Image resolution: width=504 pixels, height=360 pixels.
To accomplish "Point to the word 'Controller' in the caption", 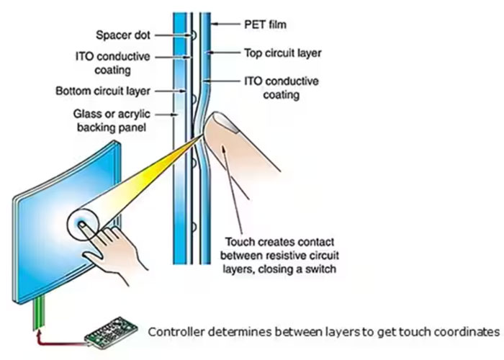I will click(x=174, y=332).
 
